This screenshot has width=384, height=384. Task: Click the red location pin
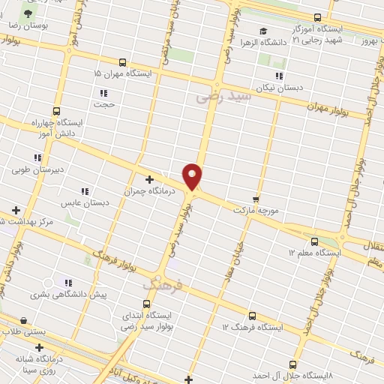(x=193, y=175)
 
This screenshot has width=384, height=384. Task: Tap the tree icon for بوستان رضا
(x=28, y=14)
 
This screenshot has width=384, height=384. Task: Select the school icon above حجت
(x=103, y=93)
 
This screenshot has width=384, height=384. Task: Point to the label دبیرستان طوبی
(x=29, y=169)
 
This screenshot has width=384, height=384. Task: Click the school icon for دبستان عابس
(x=85, y=190)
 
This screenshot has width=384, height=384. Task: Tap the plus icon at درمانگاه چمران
(x=149, y=179)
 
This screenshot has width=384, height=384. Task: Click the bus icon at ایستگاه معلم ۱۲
(x=314, y=241)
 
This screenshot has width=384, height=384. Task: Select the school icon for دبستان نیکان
(x=279, y=76)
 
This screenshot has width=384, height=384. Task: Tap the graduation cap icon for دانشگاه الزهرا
(x=262, y=31)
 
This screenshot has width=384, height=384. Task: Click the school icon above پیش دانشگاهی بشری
(x=67, y=283)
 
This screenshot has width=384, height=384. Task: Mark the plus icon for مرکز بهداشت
(x=16, y=211)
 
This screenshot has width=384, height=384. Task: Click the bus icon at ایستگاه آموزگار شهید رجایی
(x=317, y=17)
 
